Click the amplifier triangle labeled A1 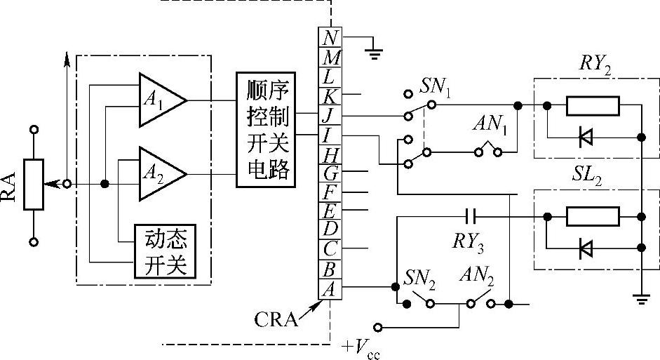click(x=160, y=100)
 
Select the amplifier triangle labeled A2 click(x=160, y=172)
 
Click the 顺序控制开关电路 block click(x=267, y=129)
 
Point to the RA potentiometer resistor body click(x=34, y=184)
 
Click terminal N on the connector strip click(x=331, y=36)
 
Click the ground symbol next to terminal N click(x=375, y=51)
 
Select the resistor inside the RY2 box click(x=593, y=106)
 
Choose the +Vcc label click(x=362, y=347)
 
